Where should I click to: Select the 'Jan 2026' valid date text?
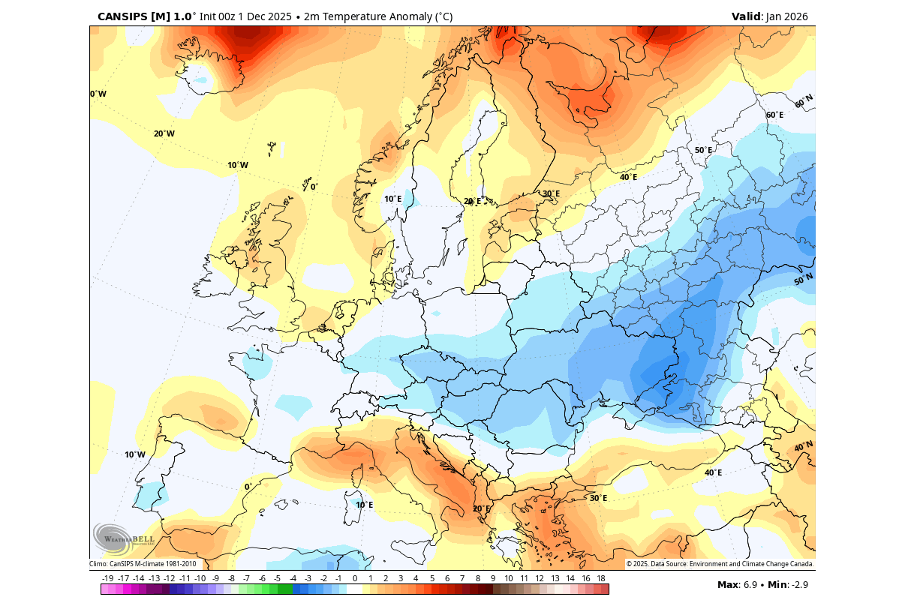point(787,16)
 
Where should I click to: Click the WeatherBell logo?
point(122,538)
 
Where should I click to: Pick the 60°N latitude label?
point(804,101)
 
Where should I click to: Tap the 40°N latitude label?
point(804,447)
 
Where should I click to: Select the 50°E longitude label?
point(703,150)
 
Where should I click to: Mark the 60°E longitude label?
point(774,115)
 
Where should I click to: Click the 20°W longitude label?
point(164,133)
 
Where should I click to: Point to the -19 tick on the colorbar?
point(107,578)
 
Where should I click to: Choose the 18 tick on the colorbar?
point(601,578)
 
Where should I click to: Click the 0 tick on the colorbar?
point(354,578)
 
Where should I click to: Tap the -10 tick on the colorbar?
point(200,578)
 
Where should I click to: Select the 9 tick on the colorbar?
point(493,578)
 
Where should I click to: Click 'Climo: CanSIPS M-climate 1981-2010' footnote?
point(143,564)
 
